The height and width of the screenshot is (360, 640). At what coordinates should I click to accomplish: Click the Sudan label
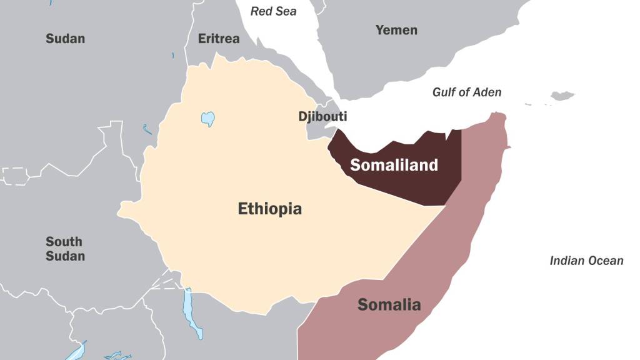point(65,39)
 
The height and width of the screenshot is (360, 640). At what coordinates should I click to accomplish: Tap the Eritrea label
point(219,39)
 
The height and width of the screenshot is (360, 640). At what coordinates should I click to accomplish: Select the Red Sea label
point(273,11)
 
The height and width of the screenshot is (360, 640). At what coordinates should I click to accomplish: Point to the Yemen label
point(396,30)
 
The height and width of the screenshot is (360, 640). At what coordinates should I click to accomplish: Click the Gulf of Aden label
point(467,92)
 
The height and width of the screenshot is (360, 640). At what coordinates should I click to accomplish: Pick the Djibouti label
point(322,117)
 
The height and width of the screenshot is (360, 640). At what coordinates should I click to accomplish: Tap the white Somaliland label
point(394,166)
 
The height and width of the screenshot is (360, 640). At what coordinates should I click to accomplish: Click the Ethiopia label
point(269,209)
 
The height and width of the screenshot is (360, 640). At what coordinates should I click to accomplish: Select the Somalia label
point(389,305)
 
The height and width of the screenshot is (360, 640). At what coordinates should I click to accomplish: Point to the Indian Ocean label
point(586,261)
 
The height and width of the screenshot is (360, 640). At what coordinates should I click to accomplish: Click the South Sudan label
point(65,249)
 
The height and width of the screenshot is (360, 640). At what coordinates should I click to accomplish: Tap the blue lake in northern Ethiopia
point(208,119)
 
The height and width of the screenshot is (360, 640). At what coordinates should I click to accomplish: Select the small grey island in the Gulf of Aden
point(562,96)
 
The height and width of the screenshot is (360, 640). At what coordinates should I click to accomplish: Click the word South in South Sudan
point(64,242)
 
